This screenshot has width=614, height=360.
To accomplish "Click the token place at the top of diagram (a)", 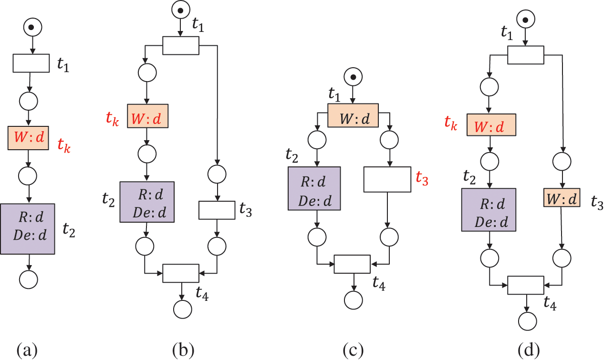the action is (32, 27).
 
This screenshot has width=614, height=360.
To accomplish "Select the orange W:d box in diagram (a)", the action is (28, 138).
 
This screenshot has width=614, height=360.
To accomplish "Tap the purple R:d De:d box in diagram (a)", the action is (28, 229).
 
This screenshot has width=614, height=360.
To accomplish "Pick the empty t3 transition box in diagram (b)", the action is (217, 210).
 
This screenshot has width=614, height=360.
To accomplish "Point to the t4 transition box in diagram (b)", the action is (181, 273).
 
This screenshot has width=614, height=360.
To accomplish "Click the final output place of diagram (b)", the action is (183, 309).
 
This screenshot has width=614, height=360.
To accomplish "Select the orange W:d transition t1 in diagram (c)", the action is (353, 115).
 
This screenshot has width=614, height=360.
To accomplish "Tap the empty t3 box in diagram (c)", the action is (387, 179).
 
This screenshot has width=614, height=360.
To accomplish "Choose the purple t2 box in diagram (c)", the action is (314, 188).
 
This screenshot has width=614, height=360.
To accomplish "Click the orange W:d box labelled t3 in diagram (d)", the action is (562, 197).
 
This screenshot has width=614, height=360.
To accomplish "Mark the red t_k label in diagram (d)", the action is (451, 122).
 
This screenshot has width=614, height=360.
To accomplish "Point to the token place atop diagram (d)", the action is (526, 19).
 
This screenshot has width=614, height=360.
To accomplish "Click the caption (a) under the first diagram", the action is (27, 350).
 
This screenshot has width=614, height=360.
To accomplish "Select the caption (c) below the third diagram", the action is (353, 350).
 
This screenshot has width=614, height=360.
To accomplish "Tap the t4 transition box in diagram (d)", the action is (525, 285).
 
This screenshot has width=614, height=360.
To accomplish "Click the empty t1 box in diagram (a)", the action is (31, 63).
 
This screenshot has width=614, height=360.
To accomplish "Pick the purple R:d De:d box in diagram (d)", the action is (489, 210).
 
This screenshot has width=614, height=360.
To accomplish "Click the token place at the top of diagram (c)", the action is (354, 77).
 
